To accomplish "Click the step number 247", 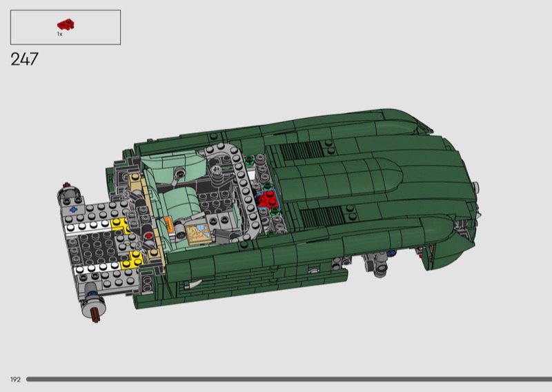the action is [24, 59].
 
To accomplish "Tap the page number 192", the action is [15, 380].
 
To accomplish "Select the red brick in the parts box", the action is [66, 25].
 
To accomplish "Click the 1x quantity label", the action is [60, 35].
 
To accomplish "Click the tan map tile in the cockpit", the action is [199, 234].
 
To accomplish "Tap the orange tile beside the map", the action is [168, 224].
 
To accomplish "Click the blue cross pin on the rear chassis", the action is [73, 210].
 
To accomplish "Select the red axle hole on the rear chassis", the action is [148, 235].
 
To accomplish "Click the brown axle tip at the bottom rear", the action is [96, 315].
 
